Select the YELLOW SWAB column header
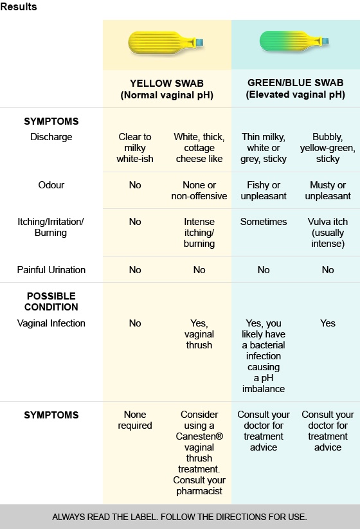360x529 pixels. pos(166,89)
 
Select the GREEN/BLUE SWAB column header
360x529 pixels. pos(295,89)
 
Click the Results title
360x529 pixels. pos(19,7)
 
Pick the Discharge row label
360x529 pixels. pos(51,137)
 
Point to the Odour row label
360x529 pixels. pos(51,185)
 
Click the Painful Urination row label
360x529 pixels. pos(51,270)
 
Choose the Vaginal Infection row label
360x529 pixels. pos(51,323)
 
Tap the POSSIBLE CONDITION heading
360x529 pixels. pos(51,301)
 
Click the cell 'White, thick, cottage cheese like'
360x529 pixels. pos(199,148)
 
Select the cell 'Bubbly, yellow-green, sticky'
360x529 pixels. pos(328,148)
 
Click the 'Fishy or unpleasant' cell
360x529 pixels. pos(264,190)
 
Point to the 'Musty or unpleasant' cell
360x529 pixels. pos(328,190)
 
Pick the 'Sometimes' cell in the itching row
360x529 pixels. pos(264,222)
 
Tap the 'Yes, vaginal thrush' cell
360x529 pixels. pos(199,334)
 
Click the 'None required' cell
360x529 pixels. pos(135,420)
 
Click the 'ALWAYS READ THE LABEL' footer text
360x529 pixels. pos(179,517)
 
